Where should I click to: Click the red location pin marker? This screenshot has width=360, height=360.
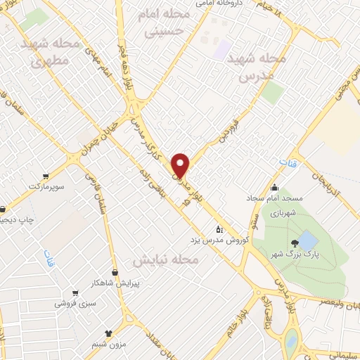181,165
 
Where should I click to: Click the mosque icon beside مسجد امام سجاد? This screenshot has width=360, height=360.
274,187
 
